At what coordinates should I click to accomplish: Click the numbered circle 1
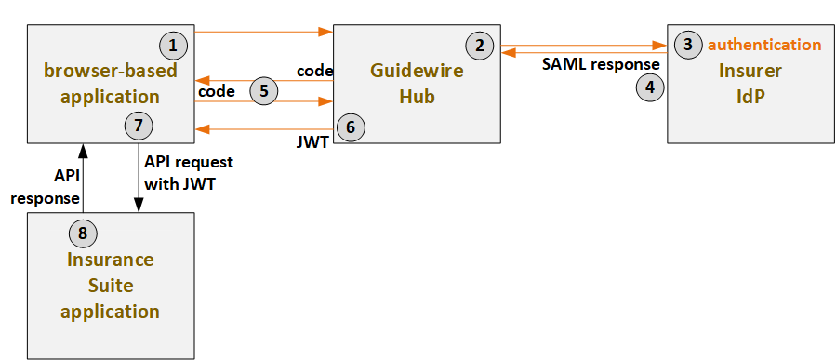tap(173, 44)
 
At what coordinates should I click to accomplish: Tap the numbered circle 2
tap(480, 44)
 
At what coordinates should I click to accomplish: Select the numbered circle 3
tap(687, 44)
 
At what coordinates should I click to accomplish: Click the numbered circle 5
tap(264, 90)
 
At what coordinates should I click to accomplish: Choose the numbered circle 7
tap(139, 124)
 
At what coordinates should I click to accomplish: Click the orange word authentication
tap(764, 44)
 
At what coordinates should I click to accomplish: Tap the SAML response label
tap(601, 64)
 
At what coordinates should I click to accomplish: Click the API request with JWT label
tap(189, 172)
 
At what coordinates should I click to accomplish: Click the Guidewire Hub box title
tap(406, 83)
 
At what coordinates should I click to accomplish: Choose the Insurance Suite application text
tap(110, 285)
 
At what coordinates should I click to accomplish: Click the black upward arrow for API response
tap(84, 177)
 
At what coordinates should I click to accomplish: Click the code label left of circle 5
tap(216, 92)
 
